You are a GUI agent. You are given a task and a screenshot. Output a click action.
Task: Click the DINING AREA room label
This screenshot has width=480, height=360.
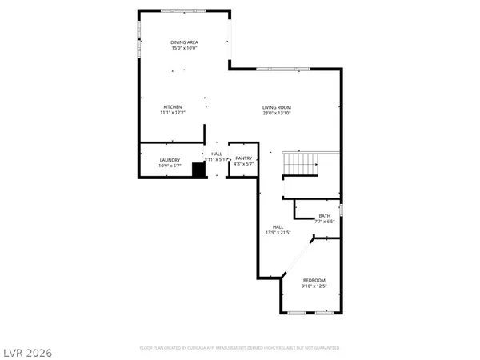[x=184, y=42]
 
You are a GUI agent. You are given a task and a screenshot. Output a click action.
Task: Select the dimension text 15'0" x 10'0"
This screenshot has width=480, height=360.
[x=184, y=48]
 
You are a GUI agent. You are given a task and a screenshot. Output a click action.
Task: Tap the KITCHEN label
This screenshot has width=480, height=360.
[x=173, y=106]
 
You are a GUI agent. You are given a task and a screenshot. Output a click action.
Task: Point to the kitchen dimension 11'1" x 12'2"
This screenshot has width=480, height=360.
[x=173, y=113]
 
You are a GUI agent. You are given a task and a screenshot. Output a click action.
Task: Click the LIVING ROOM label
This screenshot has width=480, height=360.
[x=276, y=107]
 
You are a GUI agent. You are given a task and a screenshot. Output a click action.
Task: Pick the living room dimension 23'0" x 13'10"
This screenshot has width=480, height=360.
[x=276, y=114]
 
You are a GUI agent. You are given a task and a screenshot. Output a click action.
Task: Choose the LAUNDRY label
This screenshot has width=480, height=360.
[x=169, y=159]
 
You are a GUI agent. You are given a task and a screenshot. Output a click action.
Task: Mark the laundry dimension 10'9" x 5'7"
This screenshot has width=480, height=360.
[x=169, y=166]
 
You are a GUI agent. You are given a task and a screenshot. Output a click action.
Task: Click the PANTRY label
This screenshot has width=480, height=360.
[x=243, y=158]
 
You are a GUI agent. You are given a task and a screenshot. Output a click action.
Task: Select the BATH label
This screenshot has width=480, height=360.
[x=324, y=215]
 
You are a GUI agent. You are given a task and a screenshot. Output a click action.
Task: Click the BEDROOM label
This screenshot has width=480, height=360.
[x=314, y=279]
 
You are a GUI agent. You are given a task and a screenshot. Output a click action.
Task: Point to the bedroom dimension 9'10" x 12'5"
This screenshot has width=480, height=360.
[x=314, y=286]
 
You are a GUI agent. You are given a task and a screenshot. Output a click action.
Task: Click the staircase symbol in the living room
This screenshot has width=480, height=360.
[x=302, y=165]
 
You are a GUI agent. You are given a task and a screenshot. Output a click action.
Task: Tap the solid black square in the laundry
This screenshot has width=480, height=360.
[x=199, y=170]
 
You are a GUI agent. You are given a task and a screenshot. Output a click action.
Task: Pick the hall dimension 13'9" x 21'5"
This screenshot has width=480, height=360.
[x=278, y=233]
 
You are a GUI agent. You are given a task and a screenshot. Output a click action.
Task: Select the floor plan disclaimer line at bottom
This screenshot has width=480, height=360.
[x=239, y=348]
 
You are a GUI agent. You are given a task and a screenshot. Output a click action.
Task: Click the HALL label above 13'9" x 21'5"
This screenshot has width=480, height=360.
[x=277, y=226]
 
